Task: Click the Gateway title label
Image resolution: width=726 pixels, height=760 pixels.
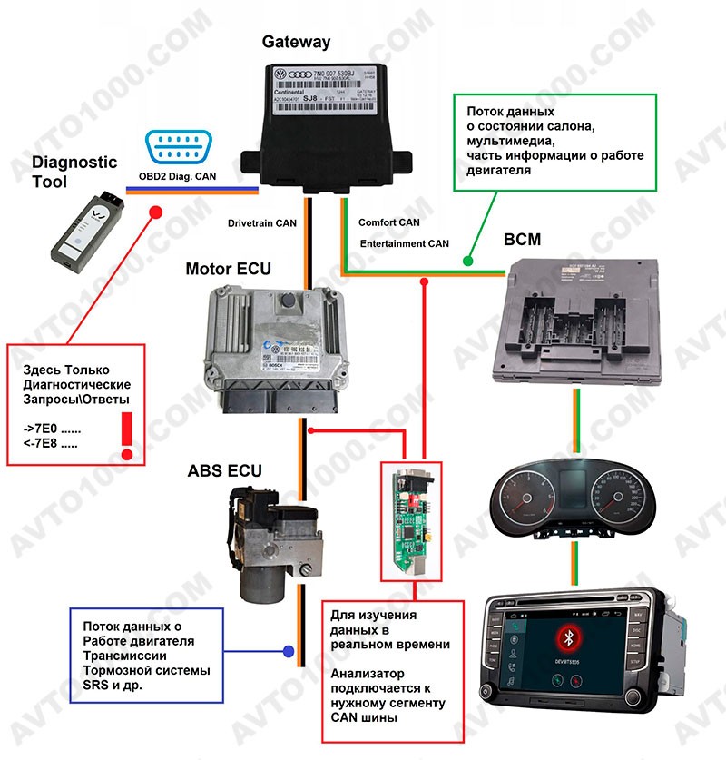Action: pyautogui.click(x=296, y=42)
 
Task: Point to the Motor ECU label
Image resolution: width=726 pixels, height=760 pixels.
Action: pyautogui.click(x=228, y=269)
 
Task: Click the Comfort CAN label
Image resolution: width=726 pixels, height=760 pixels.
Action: pyautogui.click(x=389, y=222)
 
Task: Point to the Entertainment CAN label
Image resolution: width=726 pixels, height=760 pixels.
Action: pyautogui.click(x=404, y=243)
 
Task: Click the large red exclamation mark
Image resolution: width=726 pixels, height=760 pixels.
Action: pyautogui.click(x=125, y=432)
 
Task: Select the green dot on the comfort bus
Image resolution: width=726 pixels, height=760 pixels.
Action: pyautogui.click(x=467, y=261)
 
